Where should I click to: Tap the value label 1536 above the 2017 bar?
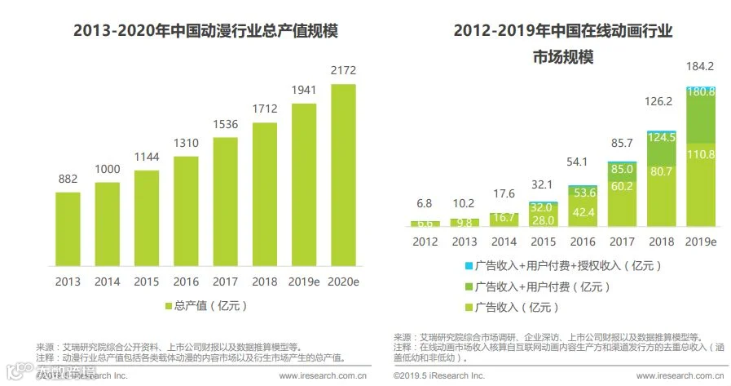click(225, 125)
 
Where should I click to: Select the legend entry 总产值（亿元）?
click(205, 306)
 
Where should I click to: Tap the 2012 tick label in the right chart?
click(424, 242)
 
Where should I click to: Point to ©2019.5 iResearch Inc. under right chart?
click(438, 376)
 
